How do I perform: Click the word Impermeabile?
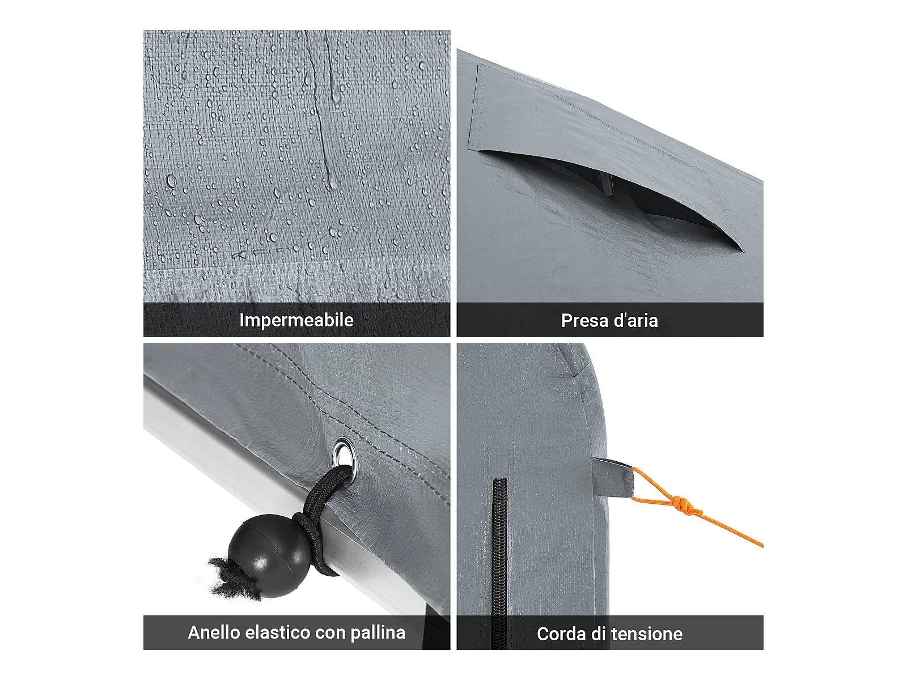pyautogui.click(x=296, y=320)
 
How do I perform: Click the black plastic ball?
pyautogui.click(x=268, y=555)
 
